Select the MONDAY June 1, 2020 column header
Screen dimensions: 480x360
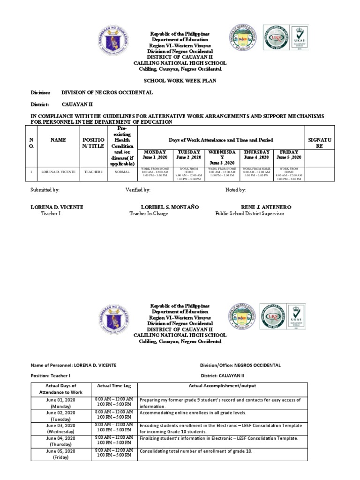point(155,155)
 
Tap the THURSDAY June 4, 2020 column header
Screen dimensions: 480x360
point(256,155)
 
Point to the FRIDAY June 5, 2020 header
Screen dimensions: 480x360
point(289,155)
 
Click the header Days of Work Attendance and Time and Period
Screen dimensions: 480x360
point(222,140)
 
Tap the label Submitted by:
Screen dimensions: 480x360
point(45,190)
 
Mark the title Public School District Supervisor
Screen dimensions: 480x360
point(249,214)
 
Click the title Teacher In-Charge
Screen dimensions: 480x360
point(149,214)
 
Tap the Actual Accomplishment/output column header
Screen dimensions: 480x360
point(222,386)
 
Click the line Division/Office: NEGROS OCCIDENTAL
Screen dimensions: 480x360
point(240,365)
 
